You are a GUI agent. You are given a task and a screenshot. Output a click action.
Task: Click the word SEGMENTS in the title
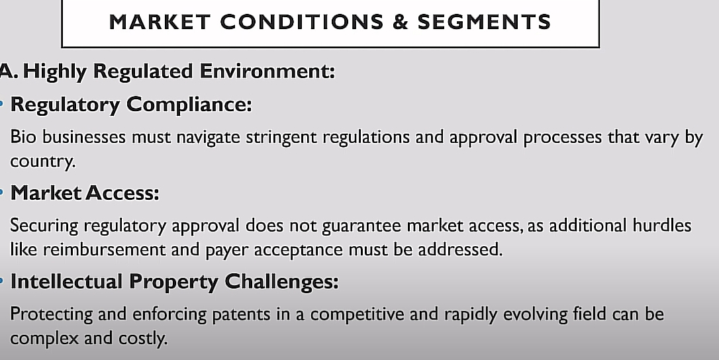click(x=484, y=22)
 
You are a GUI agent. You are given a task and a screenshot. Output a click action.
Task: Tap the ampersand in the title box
click(x=401, y=22)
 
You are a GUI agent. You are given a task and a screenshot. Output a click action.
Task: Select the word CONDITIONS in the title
click(x=302, y=22)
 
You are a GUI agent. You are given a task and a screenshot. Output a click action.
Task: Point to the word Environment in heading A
click(x=267, y=71)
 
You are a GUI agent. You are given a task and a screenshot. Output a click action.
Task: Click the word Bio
click(x=23, y=137)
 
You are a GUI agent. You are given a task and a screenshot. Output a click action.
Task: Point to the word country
click(x=42, y=161)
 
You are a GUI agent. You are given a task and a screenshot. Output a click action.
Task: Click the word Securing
click(x=44, y=226)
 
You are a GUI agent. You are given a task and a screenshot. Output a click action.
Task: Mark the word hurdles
click(x=661, y=225)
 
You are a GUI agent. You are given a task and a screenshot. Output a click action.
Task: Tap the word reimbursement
click(x=104, y=249)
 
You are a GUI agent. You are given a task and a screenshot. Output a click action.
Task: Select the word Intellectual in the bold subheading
click(x=66, y=281)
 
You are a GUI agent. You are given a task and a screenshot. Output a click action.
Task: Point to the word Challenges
click(x=281, y=282)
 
